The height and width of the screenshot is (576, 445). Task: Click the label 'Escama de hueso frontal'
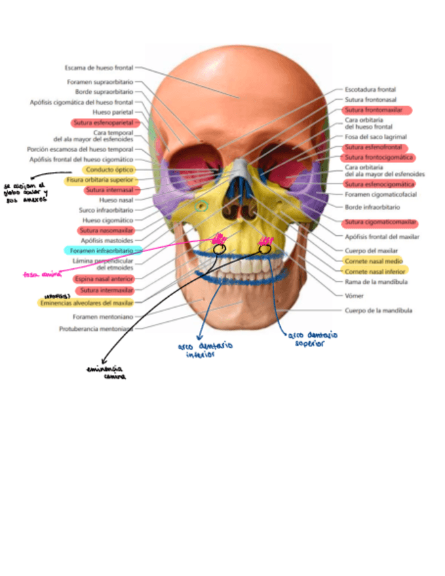point(99,67)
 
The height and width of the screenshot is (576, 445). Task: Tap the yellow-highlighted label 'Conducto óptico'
point(109,170)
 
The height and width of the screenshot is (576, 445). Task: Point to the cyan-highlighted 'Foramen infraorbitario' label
point(103,251)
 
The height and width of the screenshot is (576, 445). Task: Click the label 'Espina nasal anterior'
point(104,278)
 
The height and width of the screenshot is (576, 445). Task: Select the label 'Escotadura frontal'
point(370,90)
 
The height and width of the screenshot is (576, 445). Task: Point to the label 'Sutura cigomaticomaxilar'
point(379,223)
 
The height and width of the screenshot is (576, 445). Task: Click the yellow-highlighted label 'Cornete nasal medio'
point(372,261)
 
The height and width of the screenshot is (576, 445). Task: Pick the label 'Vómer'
point(354,295)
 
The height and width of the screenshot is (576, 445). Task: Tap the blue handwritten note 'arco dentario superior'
point(313,339)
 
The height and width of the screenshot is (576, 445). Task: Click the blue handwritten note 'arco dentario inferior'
point(205,349)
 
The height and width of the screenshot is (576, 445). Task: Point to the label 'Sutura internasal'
point(109,190)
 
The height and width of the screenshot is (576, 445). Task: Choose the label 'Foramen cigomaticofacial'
point(381,195)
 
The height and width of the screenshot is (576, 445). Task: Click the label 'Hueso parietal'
point(117,113)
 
